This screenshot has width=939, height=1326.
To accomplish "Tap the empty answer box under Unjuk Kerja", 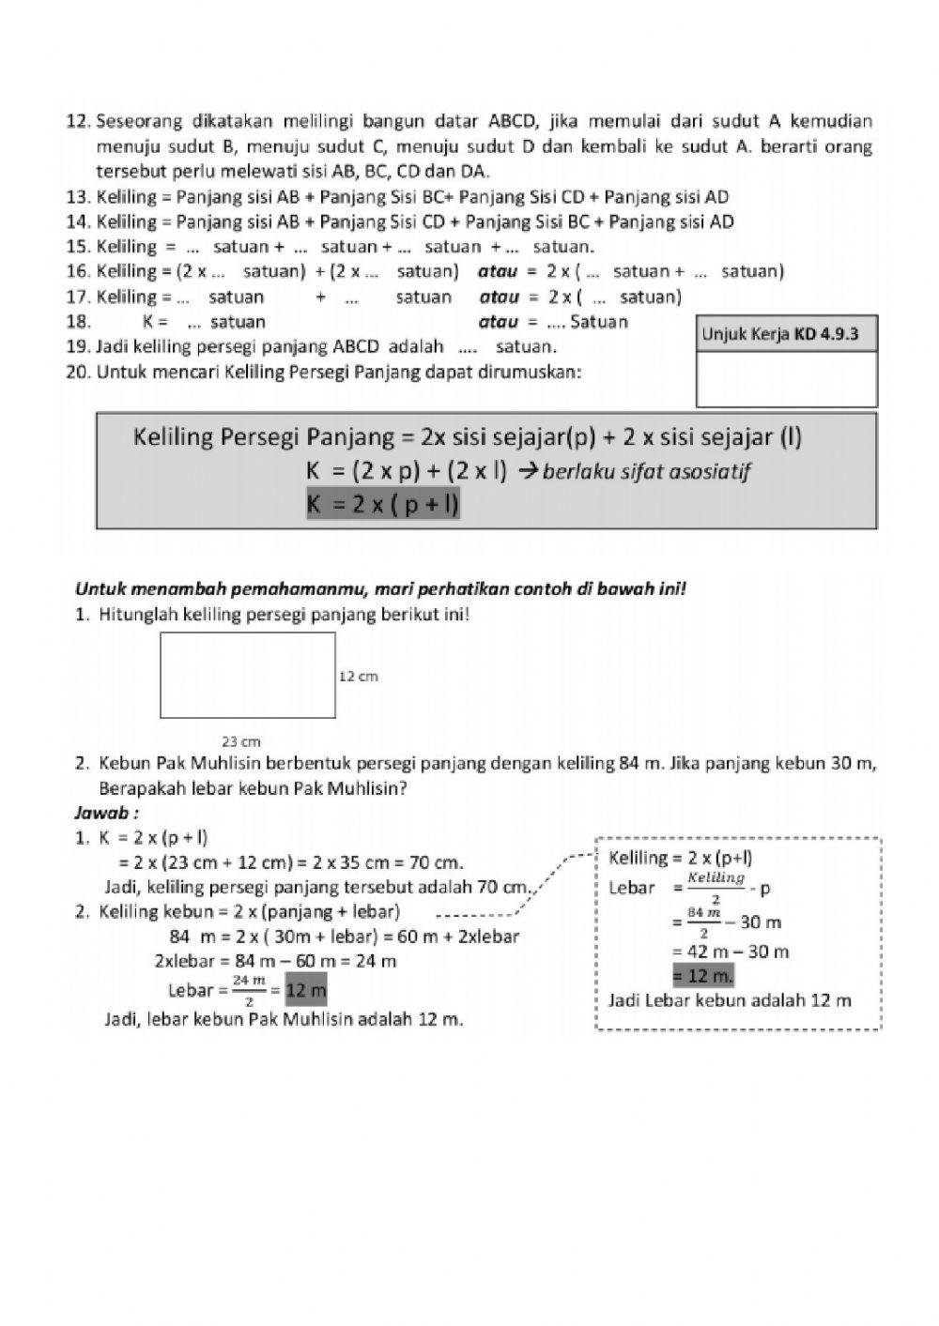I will (787, 378).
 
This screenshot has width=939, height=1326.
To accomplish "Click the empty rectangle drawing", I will (248, 675).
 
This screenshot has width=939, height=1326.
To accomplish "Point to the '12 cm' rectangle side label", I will (358, 676).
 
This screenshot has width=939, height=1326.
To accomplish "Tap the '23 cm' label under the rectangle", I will (241, 741).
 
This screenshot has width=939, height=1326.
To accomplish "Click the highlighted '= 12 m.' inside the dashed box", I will (703, 976).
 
